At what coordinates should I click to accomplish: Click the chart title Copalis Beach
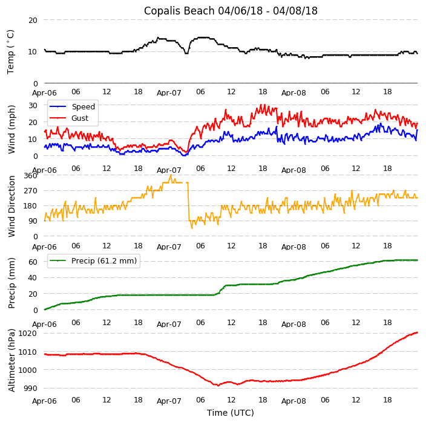tap(231, 11)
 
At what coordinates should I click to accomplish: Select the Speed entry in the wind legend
tap(83, 107)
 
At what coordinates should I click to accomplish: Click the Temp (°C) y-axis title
tap(11, 51)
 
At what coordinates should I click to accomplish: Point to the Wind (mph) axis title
tap(11, 129)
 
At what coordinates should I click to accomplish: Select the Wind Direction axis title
tap(11, 206)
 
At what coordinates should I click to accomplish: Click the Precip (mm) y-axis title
tap(11, 282)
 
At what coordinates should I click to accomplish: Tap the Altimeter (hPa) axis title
tap(11, 360)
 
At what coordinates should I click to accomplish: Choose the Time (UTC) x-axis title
tap(231, 413)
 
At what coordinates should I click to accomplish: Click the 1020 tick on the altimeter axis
tap(28, 333)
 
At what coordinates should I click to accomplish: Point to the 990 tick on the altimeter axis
tap(30, 388)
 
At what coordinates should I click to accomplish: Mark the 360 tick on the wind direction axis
tap(30, 176)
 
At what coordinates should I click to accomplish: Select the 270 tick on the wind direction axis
tap(30, 191)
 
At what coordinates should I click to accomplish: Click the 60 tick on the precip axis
tap(33, 262)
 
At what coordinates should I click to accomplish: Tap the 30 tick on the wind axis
tap(33, 105)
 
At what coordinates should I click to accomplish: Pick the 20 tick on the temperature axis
tap(33, 20)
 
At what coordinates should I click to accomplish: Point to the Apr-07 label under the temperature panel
tap(169, 93)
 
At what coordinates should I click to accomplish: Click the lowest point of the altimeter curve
tap(218, 386)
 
